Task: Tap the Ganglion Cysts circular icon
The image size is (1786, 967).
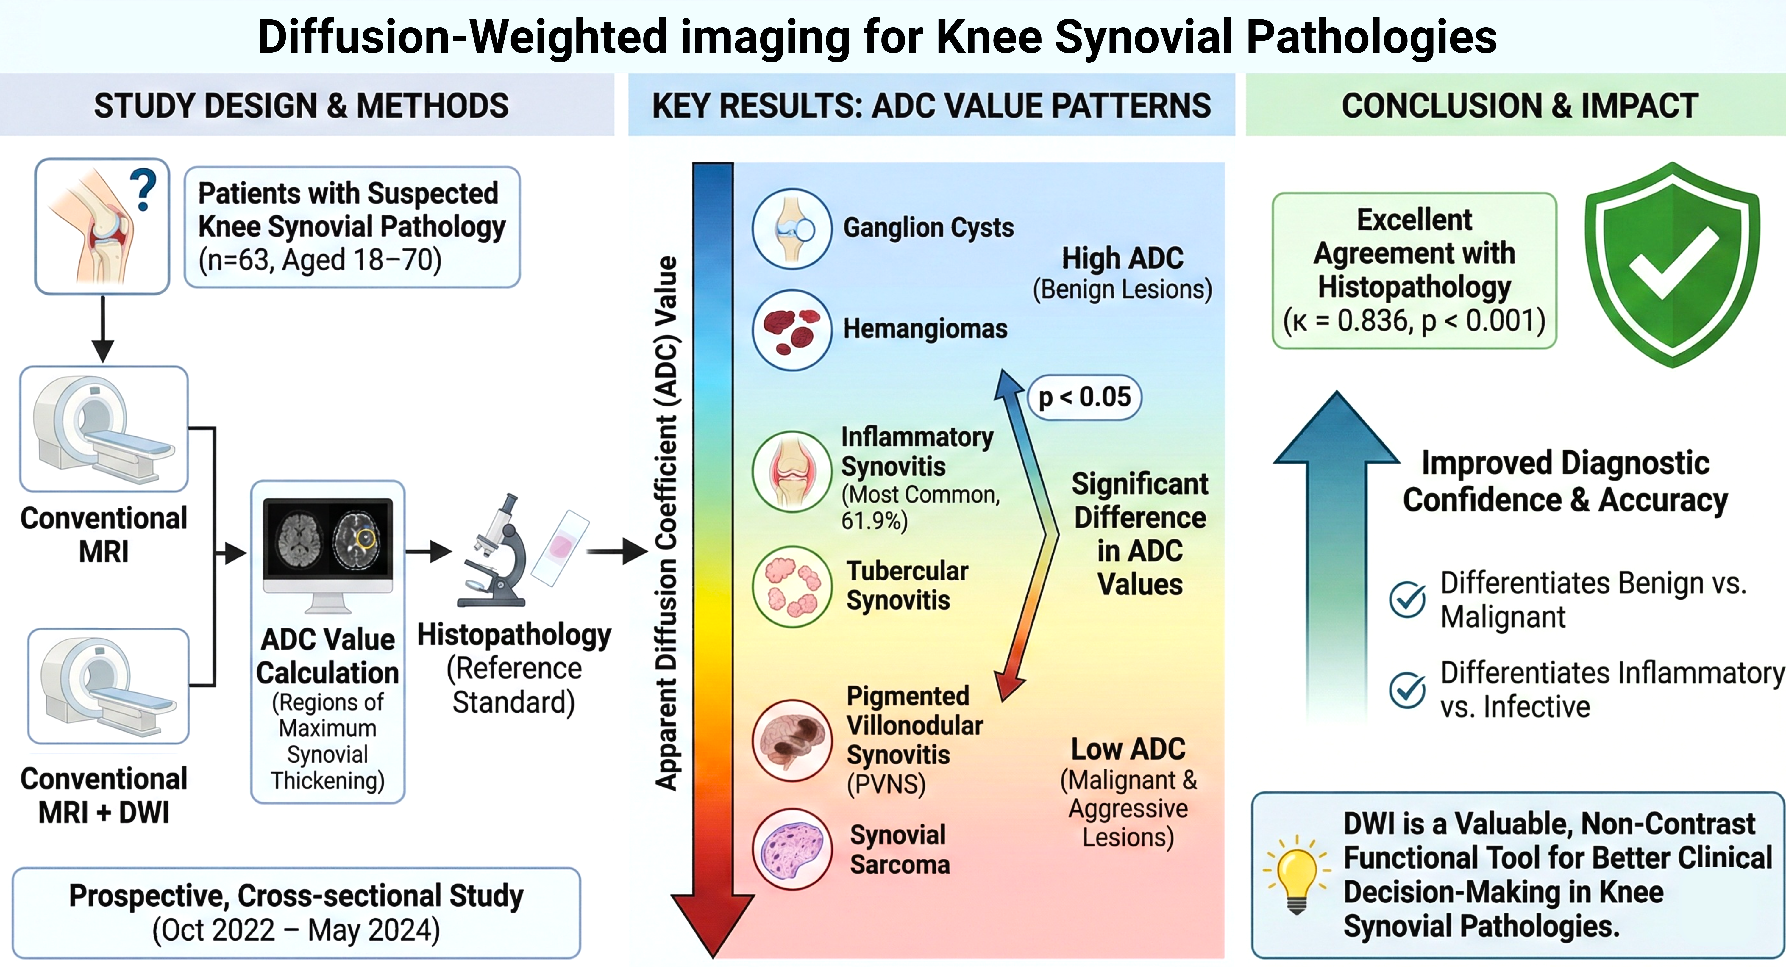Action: pyautogui.click(x=792, y=229)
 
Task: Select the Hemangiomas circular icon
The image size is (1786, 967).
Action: pyautogui.click(x=792, y=330)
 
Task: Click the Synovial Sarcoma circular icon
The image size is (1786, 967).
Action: pyautogui.click(x=792, y=849)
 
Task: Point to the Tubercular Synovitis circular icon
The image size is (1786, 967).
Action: pyautogui.click(x=792, y=586)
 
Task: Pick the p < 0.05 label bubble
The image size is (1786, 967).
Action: pyautogui.click(x=1084, y=397)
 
